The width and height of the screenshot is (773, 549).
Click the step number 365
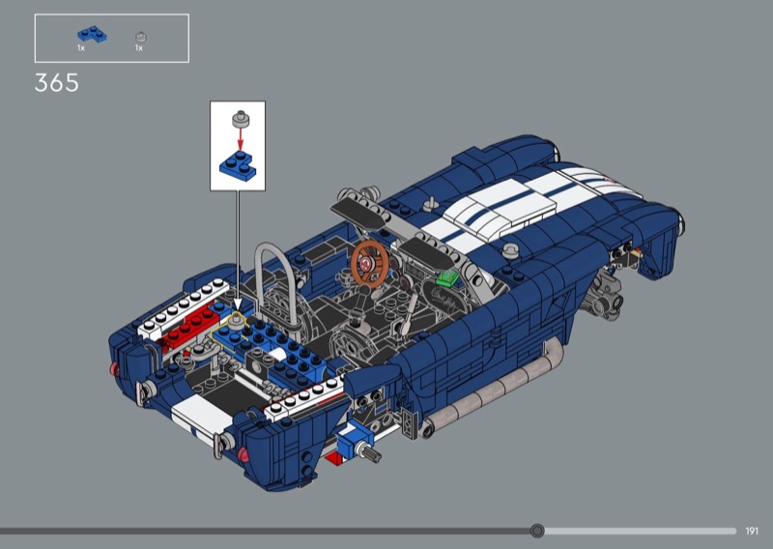[x=57, y=82]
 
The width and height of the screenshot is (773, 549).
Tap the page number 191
[x=752, y=531]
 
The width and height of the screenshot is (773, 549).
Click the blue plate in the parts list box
[x=92, y=34]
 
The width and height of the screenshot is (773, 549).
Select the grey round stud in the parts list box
[x=141, y=37]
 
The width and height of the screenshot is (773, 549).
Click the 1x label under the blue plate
[x=81, y=48]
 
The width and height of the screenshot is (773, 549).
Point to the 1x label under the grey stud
[x=139, y=48]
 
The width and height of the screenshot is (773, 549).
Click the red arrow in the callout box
[x=240, y=138]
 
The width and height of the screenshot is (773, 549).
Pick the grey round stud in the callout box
[x=241, y=120]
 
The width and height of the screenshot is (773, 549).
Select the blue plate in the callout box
[x=238, y=166]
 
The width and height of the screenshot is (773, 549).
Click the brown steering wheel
[x=370, y=264]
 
